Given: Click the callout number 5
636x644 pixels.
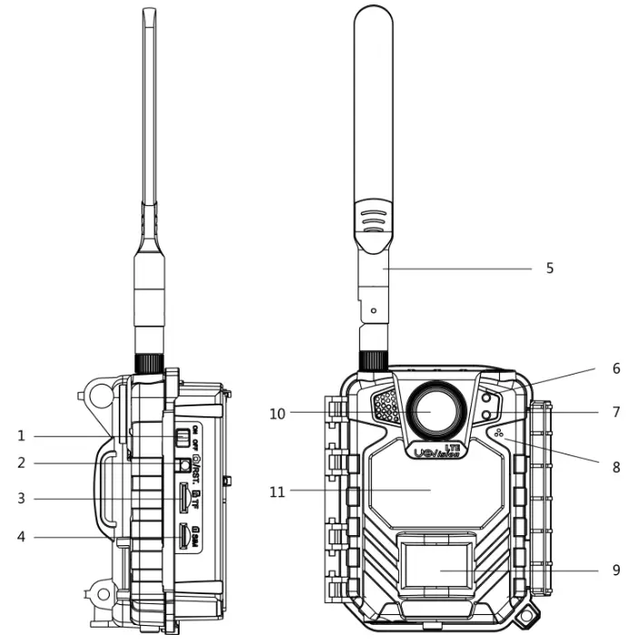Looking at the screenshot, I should [x=549, y=268].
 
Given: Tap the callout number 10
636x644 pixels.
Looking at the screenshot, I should [x=278, y=414].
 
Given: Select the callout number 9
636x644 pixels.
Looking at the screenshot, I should [x=615, y=571].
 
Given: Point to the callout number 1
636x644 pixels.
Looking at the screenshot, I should [x=21, y=436].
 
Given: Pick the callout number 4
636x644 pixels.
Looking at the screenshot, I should [x=21, y=536].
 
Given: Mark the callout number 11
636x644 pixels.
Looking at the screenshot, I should [x=278, y=492].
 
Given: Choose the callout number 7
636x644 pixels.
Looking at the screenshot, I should [x=615, y=412].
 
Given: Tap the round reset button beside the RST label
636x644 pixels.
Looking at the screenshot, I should [x=184, y=464].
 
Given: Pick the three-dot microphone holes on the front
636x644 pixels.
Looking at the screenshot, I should [x=498, y=432].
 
